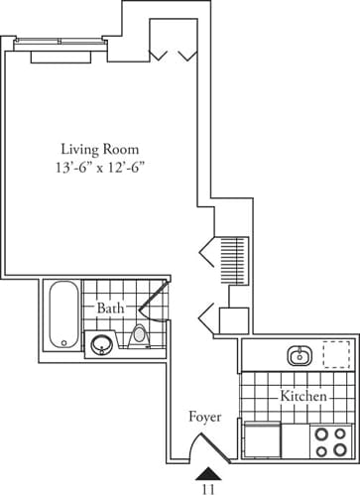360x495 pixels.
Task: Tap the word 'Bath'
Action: pyautogui.click(x=109, y=309)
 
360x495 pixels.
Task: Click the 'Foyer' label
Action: pyautogui.click(x=205, y=417)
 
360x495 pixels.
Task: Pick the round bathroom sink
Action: pyautogui.click(x=101, y=345)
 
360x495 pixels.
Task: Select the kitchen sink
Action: pyautogui.click(x=298, y=355)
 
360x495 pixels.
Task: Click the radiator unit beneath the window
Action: pyautogui.click(x=60, y=56)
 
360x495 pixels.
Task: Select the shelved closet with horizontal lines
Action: pyautogui.click(x=235, y=258)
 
